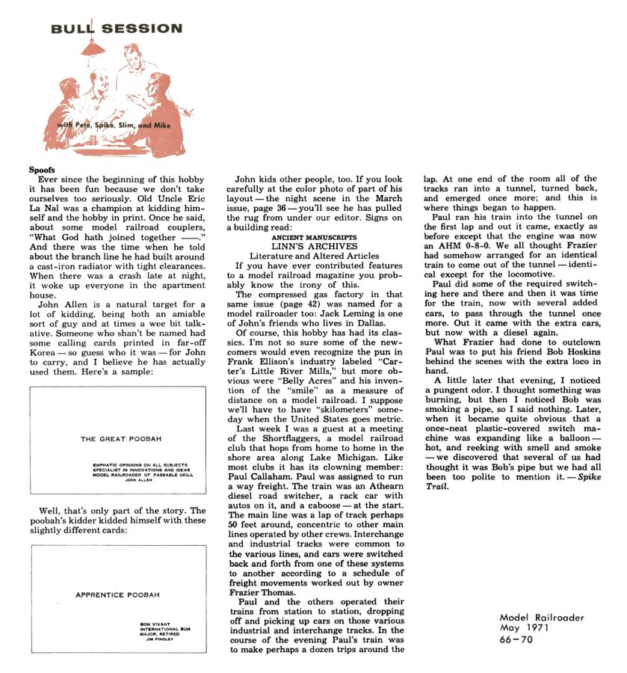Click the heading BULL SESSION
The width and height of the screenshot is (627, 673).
click(116, 29)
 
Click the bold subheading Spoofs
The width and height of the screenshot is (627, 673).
click(43, 170)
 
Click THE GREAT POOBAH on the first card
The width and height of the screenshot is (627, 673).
click(117, 439)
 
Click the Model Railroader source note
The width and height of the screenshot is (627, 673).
click(542, 617)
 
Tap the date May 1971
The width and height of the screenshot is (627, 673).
click(526, 628)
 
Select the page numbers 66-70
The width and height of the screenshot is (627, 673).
click(517, 640)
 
